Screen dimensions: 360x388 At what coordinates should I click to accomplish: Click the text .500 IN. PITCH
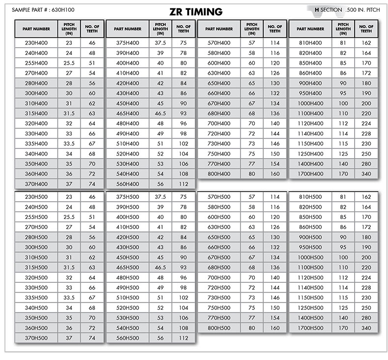(362, 9)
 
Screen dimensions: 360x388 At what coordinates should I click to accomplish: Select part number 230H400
(36, 43)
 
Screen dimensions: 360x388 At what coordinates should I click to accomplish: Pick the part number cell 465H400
(127, 113)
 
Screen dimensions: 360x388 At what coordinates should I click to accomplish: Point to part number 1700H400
(310, 173)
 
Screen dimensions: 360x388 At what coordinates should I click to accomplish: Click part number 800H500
(219, 328)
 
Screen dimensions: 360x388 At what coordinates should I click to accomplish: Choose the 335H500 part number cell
(36, 298)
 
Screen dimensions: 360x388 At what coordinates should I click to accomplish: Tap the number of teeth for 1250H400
(366, 154)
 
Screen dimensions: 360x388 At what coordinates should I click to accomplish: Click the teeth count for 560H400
(183, 184)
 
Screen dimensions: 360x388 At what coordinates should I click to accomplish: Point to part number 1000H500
(310, 257)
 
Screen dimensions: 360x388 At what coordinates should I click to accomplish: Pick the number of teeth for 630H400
(275, 73)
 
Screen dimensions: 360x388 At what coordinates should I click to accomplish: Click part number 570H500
(219, 196)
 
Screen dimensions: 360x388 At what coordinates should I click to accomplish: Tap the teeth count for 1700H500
(366, 328)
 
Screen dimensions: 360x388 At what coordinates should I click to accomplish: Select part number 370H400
(36, 184)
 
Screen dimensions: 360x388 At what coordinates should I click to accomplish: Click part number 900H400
(310, 83)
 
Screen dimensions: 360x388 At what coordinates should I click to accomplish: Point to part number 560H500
(127, 338)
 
